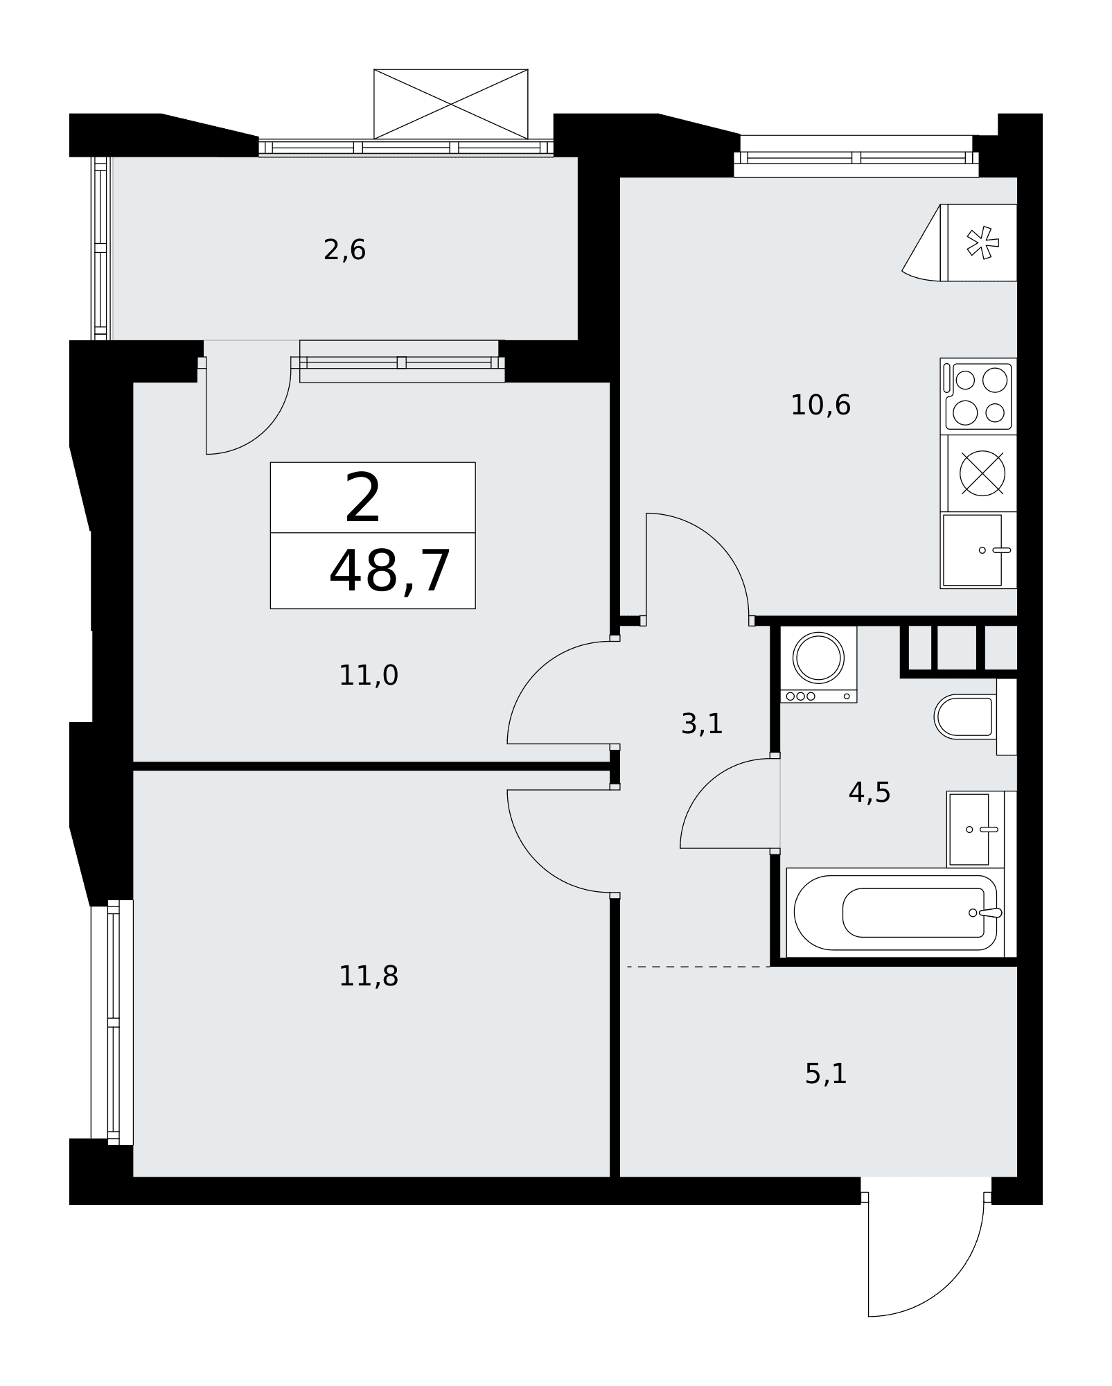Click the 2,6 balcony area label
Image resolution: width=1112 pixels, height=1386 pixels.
344,249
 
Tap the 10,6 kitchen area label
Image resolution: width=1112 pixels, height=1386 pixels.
820,405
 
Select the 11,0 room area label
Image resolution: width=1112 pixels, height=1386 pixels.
368,675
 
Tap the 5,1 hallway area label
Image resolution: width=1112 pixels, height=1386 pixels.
826,1073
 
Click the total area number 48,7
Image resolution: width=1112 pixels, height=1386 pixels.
390,571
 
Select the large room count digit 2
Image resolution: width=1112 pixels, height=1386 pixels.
363,498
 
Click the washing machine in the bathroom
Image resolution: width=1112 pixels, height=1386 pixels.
819,664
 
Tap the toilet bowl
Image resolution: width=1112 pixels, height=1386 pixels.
965,717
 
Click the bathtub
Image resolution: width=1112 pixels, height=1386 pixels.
895,913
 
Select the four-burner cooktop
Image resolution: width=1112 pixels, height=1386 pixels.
978,396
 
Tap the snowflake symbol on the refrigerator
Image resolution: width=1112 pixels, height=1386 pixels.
983,243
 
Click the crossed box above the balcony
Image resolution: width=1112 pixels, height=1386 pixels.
451,104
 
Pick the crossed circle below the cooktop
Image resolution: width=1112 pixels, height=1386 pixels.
982,474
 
